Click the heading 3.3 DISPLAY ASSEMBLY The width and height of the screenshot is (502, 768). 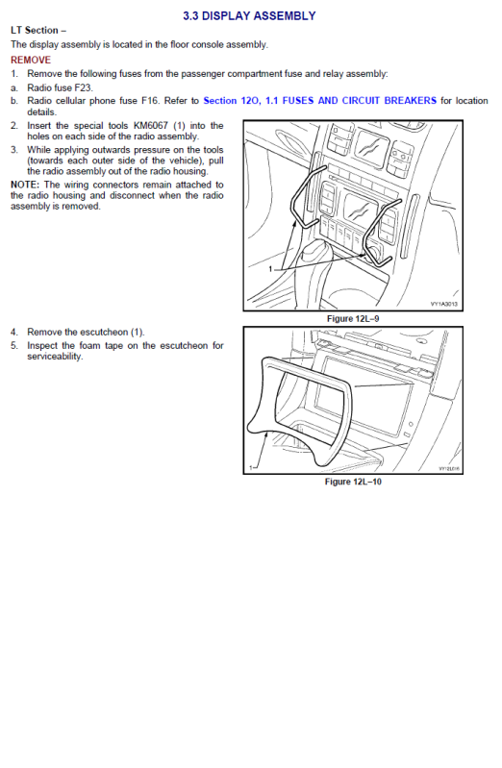(249, 16)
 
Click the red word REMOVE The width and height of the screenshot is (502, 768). (31, 60)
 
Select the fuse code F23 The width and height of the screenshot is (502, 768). (83, 87)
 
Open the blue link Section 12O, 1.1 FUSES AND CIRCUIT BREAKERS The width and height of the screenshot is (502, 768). (319, 101)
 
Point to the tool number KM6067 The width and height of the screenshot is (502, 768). (150, 126)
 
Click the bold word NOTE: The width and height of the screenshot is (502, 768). (24, 186)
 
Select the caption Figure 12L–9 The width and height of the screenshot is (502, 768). (353, 319)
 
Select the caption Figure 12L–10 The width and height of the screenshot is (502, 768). (353, 482)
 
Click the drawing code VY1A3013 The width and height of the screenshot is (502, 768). (444, 304)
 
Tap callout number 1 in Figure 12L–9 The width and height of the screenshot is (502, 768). (270, 269)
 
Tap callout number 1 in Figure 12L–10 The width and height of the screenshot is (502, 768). (251, 468)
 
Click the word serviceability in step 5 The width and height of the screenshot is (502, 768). (55, 357)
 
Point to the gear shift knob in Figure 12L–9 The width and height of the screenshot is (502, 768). (313, 251)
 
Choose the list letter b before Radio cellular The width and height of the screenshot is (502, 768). (13, 101)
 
